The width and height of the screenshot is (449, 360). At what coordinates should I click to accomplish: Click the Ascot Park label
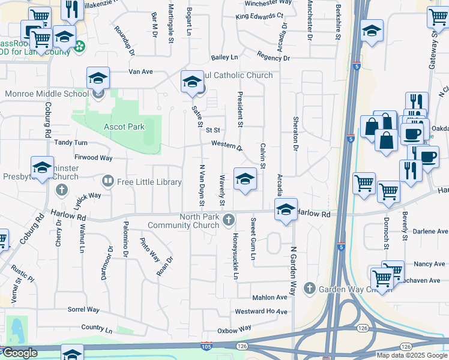124,127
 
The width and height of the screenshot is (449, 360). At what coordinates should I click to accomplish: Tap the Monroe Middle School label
47,94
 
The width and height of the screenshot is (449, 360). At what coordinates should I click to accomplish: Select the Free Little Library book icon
108,181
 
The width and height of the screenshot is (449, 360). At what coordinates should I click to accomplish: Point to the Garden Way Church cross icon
309,289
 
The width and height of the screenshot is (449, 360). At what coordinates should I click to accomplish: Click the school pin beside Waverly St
245,180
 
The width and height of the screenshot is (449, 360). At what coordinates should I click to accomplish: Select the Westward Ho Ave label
261,311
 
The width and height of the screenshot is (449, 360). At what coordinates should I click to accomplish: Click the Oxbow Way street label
234,329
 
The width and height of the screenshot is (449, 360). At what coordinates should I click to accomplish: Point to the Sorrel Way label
83,310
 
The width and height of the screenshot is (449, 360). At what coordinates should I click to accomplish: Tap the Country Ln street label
97,329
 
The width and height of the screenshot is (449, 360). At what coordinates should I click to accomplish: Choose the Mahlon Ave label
270,297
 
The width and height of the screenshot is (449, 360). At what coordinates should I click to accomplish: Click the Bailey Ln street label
224,58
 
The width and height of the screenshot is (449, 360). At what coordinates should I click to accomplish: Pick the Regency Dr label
273,58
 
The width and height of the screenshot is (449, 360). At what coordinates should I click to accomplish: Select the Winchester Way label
267,2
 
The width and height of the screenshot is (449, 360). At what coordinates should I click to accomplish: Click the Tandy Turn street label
71,143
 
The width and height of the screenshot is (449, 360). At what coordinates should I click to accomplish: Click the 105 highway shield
206,346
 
